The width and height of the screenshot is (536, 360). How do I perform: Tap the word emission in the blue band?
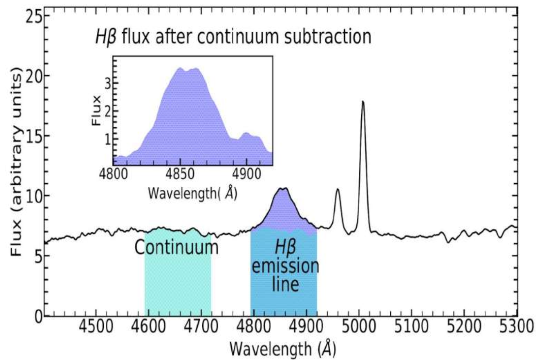(x=284, y=267)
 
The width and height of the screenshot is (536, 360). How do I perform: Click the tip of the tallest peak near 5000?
(x=363, y=101)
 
